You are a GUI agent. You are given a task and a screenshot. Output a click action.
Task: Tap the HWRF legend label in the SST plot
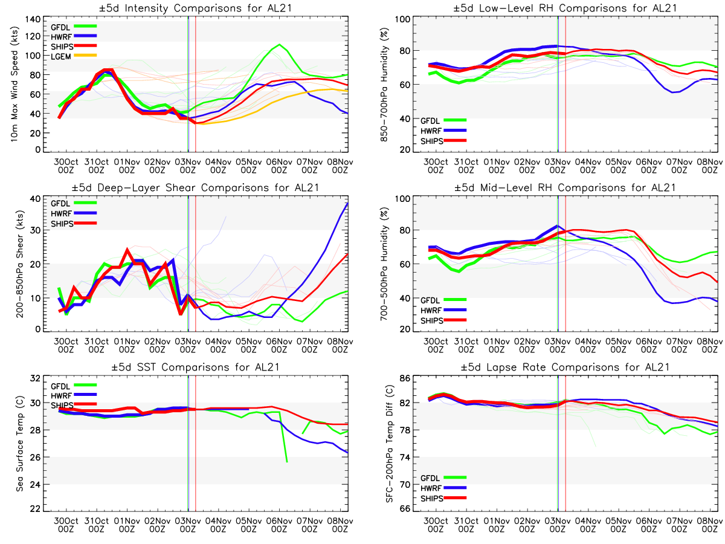click(x=59, y=396)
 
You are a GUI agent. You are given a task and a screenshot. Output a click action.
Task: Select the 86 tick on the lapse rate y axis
click(x=404, y=379)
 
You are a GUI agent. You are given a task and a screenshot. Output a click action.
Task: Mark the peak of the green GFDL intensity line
click(x=279, y=44)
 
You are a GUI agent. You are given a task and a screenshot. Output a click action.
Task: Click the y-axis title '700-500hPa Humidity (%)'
click(x=382, y=264)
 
